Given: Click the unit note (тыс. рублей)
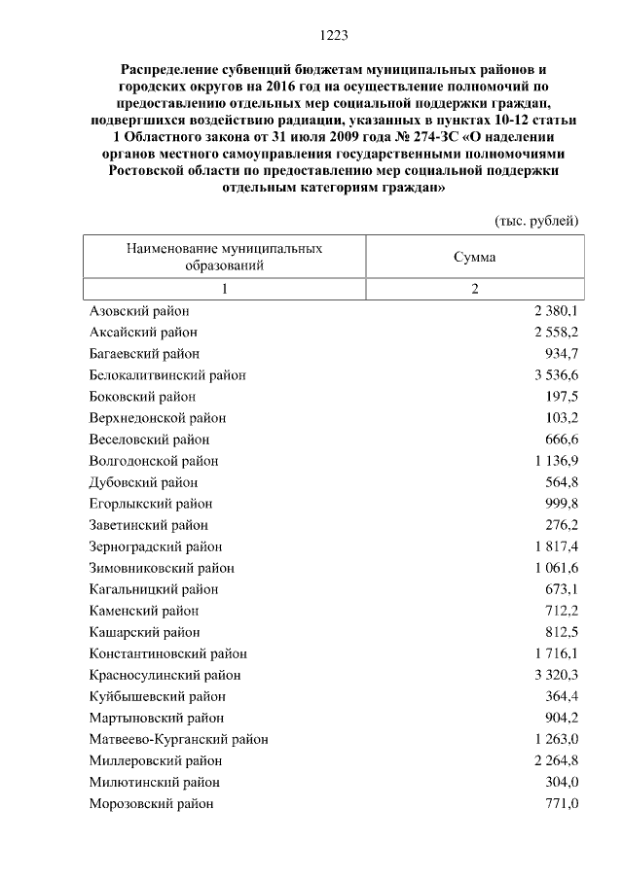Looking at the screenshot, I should pyautogui.click(x=536, y=220).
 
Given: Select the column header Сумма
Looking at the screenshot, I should pyautogui.click(x=474, y=257).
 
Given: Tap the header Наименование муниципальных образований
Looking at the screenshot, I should pyautogui.click(x=224, y=257).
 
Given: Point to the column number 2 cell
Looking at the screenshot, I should pyautogui.click(x=475, y=289).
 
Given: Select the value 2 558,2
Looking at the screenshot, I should pyautogui.click(x=556, y=333).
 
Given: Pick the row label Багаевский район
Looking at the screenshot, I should pyautogui.click(x=144, y=354).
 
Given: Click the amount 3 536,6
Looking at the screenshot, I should pyautogui.click(x=556, y=375).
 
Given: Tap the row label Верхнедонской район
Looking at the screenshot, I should pyautogui.click(x=157, y=418).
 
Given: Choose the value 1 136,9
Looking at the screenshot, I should pyautogui.click(x=556, y=461).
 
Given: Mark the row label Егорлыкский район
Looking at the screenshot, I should pyautogui.click(x=150, y=504).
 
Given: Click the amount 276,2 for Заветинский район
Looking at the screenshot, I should pyautogui.click(x=562, y=525).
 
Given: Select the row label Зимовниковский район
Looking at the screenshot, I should pyautogui.click(x=162, y=568).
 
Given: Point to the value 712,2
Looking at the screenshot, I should pyautogui.click(x=562, y=611).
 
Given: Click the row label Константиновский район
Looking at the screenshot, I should pyautogui.click(x=167, y=653).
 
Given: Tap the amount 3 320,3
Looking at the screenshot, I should pyautogui.click(x=556, y=675).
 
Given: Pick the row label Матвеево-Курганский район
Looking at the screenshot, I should pyautogui.click(x=178, y=739).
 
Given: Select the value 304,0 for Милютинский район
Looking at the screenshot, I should pyautogui.click(x=562, y=782).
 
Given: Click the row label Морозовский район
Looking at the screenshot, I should pyautogui.click(x=151, y=803).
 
